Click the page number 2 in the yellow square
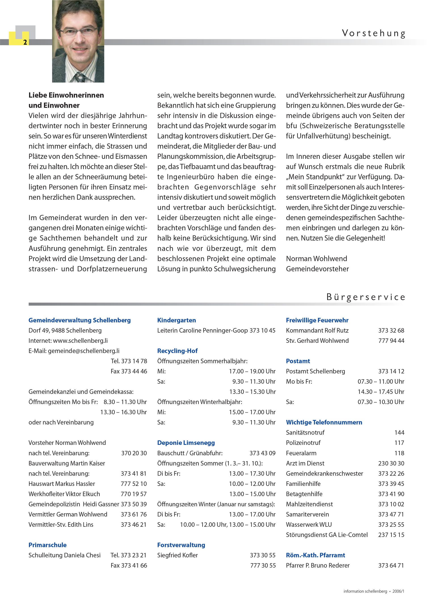pos(25,42)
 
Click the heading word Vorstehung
pos(373,34)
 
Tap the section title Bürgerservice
pos(366,297)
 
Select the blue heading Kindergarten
pos(177,320)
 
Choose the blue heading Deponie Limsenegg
pos(186,443)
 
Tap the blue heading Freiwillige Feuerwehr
pos(317,320)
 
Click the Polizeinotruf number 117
pos(399,443)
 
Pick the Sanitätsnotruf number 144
pos(399,433)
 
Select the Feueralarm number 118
pos(399,453)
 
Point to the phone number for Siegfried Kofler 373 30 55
pos(262,555)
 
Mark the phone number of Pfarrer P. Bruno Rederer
pos(391,565)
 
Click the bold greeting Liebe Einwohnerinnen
pos(66,95)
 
